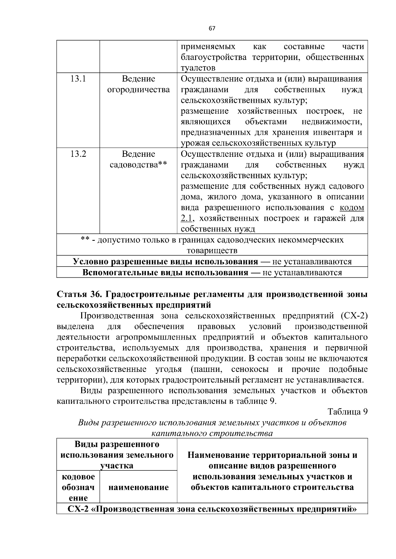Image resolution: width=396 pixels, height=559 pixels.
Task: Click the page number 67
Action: pos(212,29)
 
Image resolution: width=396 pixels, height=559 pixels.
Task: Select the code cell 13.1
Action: pos(78,79)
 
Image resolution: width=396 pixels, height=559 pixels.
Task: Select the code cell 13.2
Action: pos(78,154)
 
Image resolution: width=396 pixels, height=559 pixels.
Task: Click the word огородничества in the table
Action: pos(139,90)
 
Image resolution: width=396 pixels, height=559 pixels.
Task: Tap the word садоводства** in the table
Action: pos(139,165)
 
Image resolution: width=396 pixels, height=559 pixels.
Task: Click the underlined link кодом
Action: pos(352,208)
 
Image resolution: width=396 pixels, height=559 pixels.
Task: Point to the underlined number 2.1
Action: pos(187,218)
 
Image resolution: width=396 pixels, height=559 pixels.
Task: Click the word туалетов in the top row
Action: pos(198,68)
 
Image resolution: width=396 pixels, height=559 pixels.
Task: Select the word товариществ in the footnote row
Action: pos(212,251)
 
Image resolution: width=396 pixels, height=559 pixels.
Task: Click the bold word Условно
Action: pos(90,262)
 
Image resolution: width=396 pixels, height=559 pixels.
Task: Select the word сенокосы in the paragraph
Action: pos(250,369)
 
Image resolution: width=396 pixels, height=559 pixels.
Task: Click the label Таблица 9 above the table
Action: pos(347,412)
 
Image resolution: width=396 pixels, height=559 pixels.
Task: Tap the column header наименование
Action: pos(139,487)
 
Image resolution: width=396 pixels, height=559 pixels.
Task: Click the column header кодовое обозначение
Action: pos(78,487)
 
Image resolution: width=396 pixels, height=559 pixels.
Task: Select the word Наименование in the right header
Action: pos(218,456)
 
